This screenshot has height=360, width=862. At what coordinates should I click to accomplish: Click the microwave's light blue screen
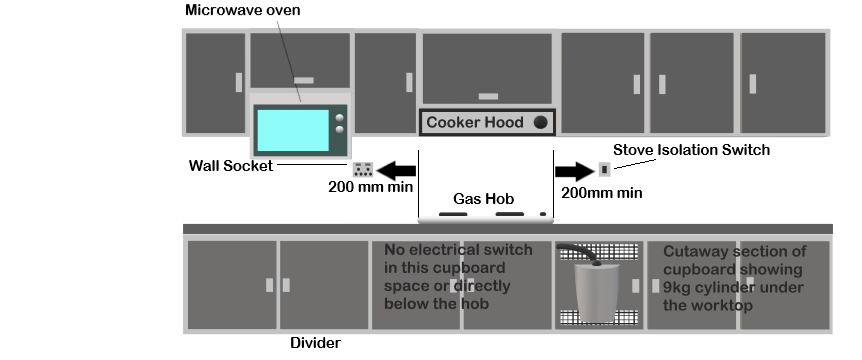293,130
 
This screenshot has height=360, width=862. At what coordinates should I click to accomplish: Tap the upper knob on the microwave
340,118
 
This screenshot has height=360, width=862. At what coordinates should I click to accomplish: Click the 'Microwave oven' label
242,10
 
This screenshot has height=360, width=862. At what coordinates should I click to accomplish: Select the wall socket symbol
363,169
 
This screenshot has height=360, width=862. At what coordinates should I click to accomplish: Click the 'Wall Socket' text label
231,165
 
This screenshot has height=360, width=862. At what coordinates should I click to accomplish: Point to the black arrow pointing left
396,170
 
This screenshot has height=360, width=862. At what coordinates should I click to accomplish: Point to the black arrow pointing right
574,171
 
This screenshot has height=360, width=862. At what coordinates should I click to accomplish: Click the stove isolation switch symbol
605,169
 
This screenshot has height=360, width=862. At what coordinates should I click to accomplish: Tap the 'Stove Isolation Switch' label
691,149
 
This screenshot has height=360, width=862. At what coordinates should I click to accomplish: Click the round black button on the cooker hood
540,123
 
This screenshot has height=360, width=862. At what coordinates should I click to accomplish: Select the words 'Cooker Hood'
474,122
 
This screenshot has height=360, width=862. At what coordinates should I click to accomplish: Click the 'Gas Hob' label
483,198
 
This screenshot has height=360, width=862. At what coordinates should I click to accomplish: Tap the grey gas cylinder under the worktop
597,292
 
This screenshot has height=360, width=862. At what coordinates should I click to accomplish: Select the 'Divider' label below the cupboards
316,343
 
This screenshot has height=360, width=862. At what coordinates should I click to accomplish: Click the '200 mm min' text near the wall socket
371,187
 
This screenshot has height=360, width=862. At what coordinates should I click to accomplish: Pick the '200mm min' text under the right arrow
601,193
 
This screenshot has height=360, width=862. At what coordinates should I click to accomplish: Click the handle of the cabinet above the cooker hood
488,97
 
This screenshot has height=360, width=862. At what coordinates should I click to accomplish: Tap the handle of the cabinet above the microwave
304,80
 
